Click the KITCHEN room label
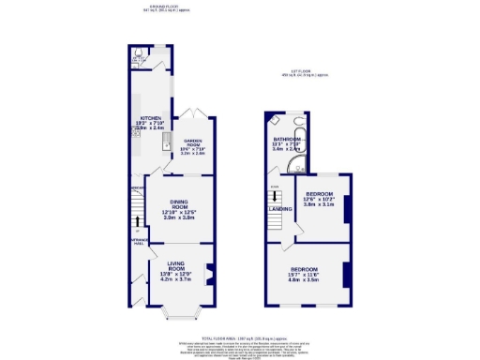tap(138, 117)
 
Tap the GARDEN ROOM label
tap(193, 143)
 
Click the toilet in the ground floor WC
tap(138, 53)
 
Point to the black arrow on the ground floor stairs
tap(137, 228)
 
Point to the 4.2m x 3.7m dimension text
tap(178, 279)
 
